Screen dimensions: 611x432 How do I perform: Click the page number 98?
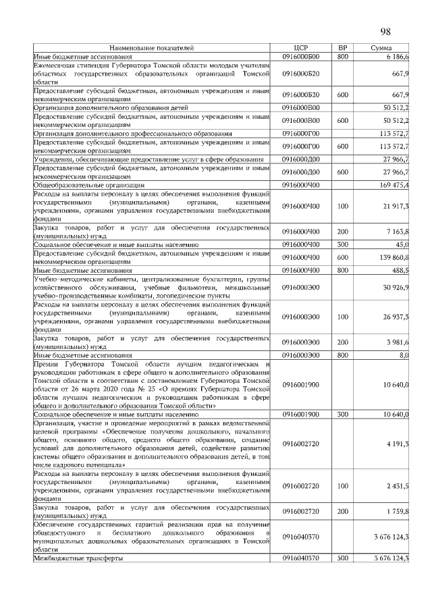click(386, 32)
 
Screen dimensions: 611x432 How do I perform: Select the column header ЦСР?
click(301, 49)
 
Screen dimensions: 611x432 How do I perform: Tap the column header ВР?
click(342, 49)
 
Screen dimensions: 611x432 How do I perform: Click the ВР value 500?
click(342, 558)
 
